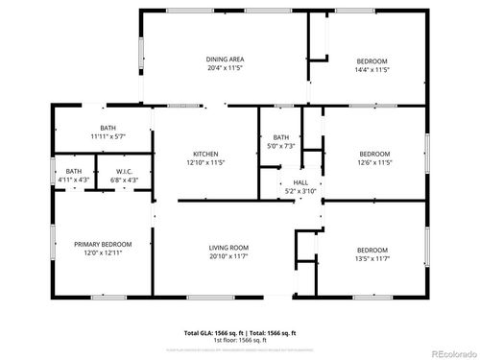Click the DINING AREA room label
click(225, 60)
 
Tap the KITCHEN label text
click(205, 154)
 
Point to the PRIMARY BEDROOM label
click(103, 245)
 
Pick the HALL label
click(300, 182)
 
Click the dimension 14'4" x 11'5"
click(372, 69)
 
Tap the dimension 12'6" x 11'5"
click(373, 163)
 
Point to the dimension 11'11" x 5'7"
click(108, 137)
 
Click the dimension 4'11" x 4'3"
click(73, 179)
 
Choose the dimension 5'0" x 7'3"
click(280, 146)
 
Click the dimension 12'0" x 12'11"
click(103, 253)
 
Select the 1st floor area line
click(240, 339)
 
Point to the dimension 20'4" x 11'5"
click(225, 69)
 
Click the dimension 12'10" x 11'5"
click(205, 163)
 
